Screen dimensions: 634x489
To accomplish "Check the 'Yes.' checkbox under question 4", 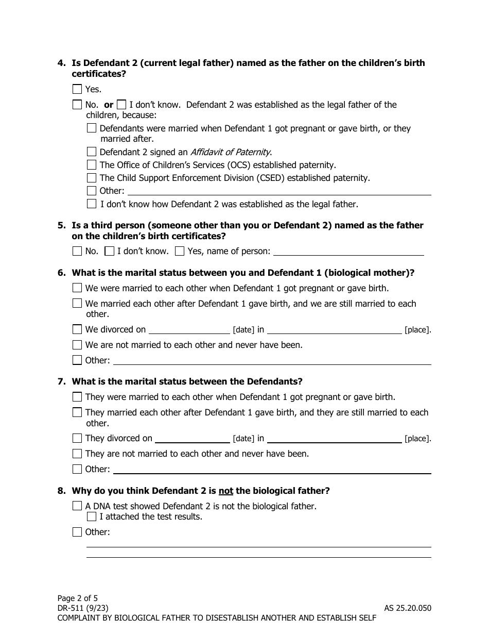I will [x=77, y=89].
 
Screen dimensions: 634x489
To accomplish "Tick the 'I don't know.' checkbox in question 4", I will [x=121, y=105].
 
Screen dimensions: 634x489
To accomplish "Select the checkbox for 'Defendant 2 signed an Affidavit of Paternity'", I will [x=92, y=152].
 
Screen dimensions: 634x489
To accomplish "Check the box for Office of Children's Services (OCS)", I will [x=92, y=165].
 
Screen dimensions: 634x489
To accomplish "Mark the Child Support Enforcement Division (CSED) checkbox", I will [x=92, y=178].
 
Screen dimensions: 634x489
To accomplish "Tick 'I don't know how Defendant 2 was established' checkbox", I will [x=92, y=204].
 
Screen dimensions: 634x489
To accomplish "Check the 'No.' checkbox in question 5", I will [x=77, y=251].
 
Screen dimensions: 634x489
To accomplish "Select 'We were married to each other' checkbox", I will [x=77, y=288].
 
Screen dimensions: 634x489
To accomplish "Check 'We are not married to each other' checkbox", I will [x=77, y=345].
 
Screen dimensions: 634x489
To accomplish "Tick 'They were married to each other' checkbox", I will [x=77, y=397].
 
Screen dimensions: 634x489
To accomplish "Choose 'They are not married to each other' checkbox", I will [x=77, y=454].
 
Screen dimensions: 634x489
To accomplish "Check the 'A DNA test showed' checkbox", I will [x=77, y=506].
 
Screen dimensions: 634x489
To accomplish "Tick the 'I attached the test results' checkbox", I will [x=92, y=516].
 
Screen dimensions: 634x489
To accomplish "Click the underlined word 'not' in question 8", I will [x=226, y=491].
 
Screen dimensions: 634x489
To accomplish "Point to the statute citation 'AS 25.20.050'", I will [x=408, y=608].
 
